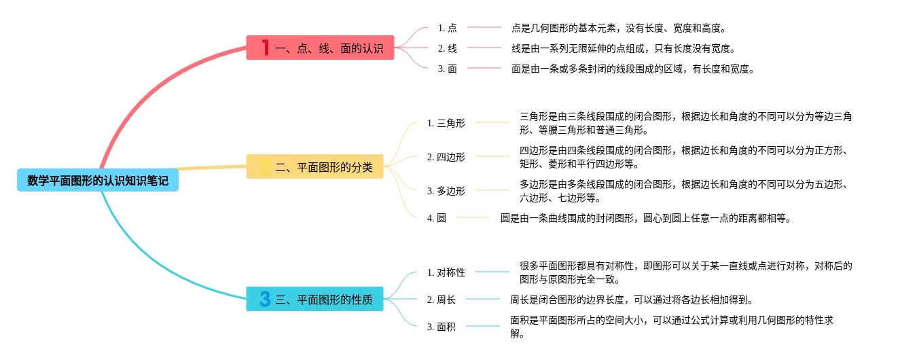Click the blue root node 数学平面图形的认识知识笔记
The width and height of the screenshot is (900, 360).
tap(98, 181)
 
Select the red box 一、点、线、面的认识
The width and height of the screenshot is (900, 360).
tap(320, 48)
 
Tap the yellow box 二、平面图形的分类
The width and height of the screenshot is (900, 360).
tap(314, 166)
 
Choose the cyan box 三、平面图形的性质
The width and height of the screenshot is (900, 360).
tap(314, 299)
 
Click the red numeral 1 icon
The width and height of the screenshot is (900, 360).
tap(265, 48)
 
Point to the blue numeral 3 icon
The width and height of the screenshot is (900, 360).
tap(265, 299)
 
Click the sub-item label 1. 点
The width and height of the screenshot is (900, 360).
tap(448, 28)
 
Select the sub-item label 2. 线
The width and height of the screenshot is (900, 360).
tap(448, 48)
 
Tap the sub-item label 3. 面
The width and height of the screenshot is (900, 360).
tap(448, 69)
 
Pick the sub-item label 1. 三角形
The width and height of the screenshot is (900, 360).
tap(446, 123)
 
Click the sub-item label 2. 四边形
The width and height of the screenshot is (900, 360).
tap(446, 157)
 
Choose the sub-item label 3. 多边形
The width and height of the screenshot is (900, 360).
tap(446, 191)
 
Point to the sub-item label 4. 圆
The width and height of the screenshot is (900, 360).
tap(437, 218)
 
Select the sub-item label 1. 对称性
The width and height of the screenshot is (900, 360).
tap(446, 272)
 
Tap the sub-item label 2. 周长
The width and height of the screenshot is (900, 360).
tap(442, 300)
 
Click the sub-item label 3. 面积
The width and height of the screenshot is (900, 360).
tap(442, 327)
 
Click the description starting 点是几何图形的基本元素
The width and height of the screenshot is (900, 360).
tap(619, 28)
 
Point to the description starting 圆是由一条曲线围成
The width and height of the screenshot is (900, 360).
tap(646, 218)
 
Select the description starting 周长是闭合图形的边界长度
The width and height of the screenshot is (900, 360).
tap(631, 300)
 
